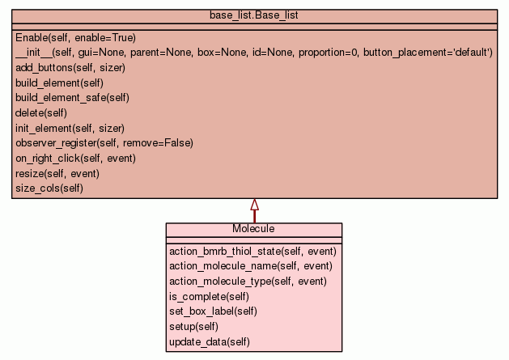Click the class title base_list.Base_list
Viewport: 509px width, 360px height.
(x=254, y=15)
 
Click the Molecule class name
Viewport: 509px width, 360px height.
(x=253, y=229)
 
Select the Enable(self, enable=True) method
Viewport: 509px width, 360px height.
(x=75, y=37)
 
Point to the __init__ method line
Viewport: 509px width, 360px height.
(x=253, y=53)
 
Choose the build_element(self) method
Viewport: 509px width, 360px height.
(x=59, y=83)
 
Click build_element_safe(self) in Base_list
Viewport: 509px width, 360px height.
(x=72, y=98)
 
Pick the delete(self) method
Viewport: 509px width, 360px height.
(x=40, y=112)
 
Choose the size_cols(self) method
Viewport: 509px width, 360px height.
(x=49, y=188)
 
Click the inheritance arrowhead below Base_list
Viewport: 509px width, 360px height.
(x=254, y=205)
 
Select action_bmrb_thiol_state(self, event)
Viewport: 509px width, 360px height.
(x=252, y=252)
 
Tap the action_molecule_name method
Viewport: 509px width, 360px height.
(x=250, y=266)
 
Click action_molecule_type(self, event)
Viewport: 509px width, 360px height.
(x=248, y=282)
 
